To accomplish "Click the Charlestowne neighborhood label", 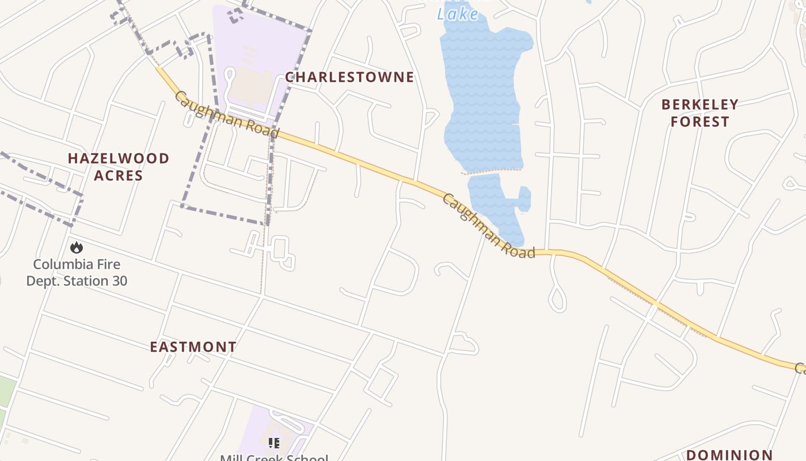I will [349, 77].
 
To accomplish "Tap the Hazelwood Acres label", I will [119, 167].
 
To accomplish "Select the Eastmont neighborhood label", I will [193, 347].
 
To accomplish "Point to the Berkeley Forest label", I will [699, 113].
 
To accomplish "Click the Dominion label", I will [729, 455].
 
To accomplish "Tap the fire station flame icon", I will [77, 248].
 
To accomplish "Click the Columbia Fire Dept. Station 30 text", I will [77, 273].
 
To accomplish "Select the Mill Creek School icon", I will [274, 443].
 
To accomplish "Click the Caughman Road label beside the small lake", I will [488, 227].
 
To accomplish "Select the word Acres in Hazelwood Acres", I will [119, 175].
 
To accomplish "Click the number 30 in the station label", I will [119, 281].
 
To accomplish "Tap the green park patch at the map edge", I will [6, 392].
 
